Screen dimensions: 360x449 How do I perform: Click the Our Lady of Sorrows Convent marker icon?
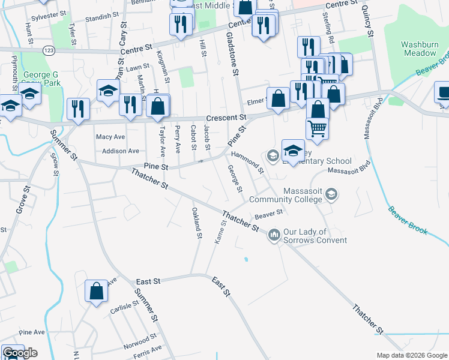pos(274,233)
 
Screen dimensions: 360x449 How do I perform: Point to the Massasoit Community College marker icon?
pos(333,194)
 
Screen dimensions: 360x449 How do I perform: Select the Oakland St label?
pos(196,223)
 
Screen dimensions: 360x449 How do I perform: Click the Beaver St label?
pos(268,214)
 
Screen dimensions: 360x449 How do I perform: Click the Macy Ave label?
pos(110,137)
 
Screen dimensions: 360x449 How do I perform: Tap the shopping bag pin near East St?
pos(96,292)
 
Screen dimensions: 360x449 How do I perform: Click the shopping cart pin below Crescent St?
pos(318,127)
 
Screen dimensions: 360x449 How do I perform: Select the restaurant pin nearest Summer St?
pos(79,109)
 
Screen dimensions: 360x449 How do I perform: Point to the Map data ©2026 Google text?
pos(411,355)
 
